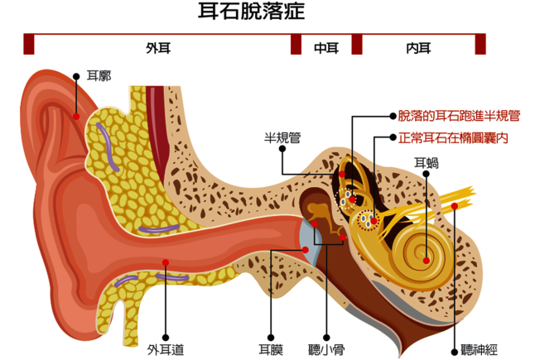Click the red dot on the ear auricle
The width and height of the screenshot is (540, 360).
click(76, 116)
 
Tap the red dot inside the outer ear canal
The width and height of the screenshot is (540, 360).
click(165, 262)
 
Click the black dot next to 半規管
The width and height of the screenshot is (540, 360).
click(282, 150)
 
